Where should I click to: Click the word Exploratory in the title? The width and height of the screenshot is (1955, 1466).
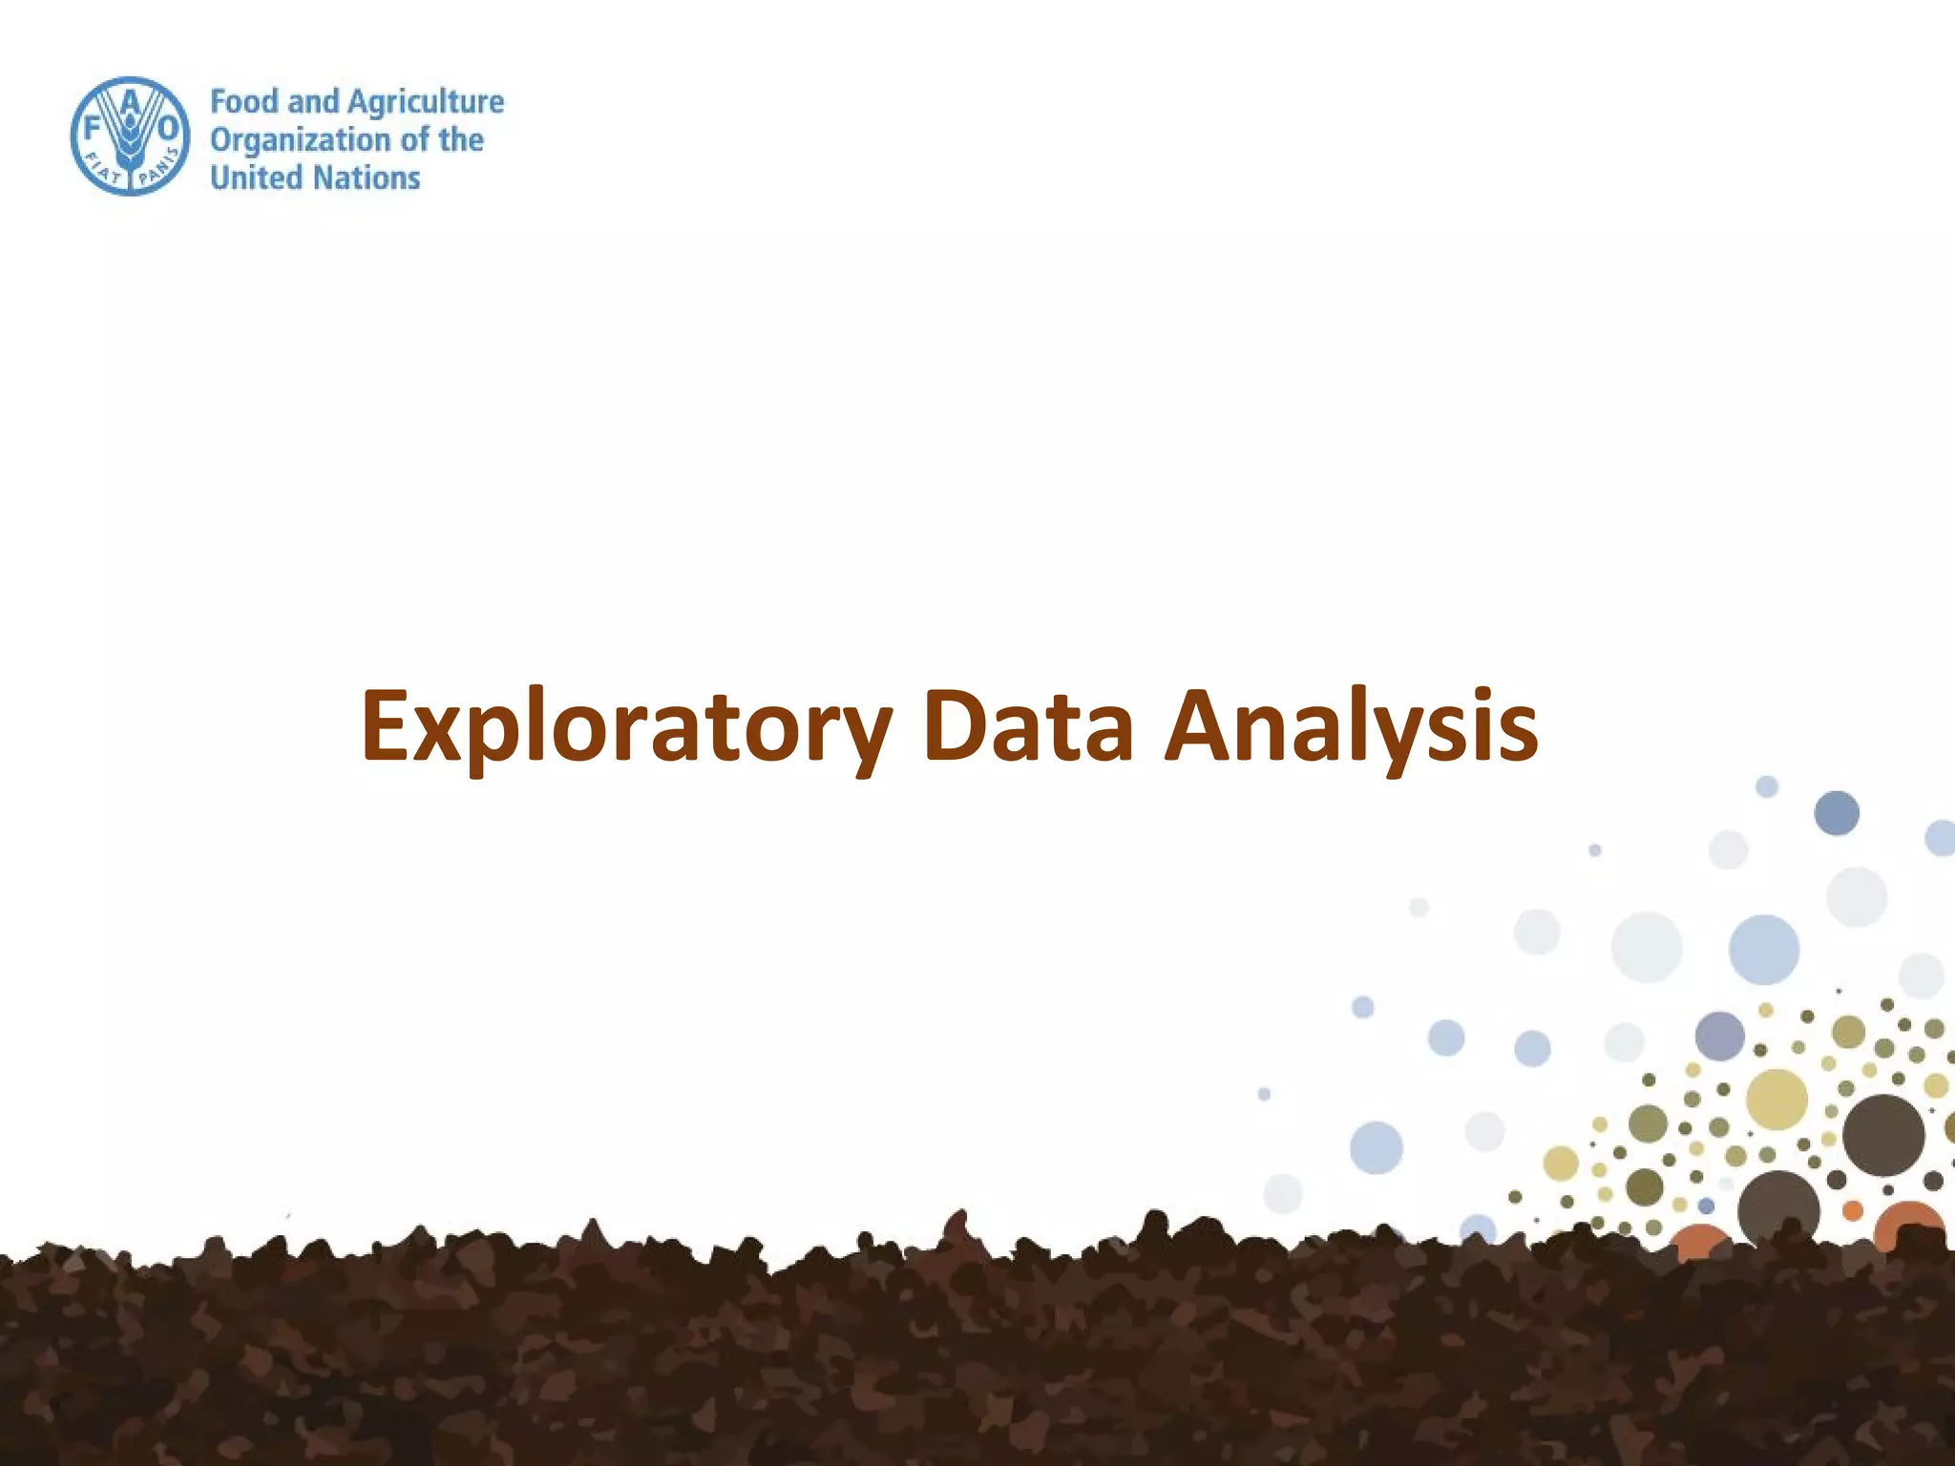626,727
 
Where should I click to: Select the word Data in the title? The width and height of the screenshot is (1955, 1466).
1028,727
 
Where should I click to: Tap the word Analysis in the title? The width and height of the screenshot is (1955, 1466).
1351,727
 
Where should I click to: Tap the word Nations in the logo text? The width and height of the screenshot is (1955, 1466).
368,178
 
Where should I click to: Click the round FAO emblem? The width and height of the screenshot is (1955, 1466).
130,136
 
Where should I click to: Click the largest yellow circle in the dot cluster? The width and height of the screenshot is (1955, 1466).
1776,1099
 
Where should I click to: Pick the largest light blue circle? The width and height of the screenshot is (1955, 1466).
1764,949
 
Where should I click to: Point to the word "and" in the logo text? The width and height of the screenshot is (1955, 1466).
313,101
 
